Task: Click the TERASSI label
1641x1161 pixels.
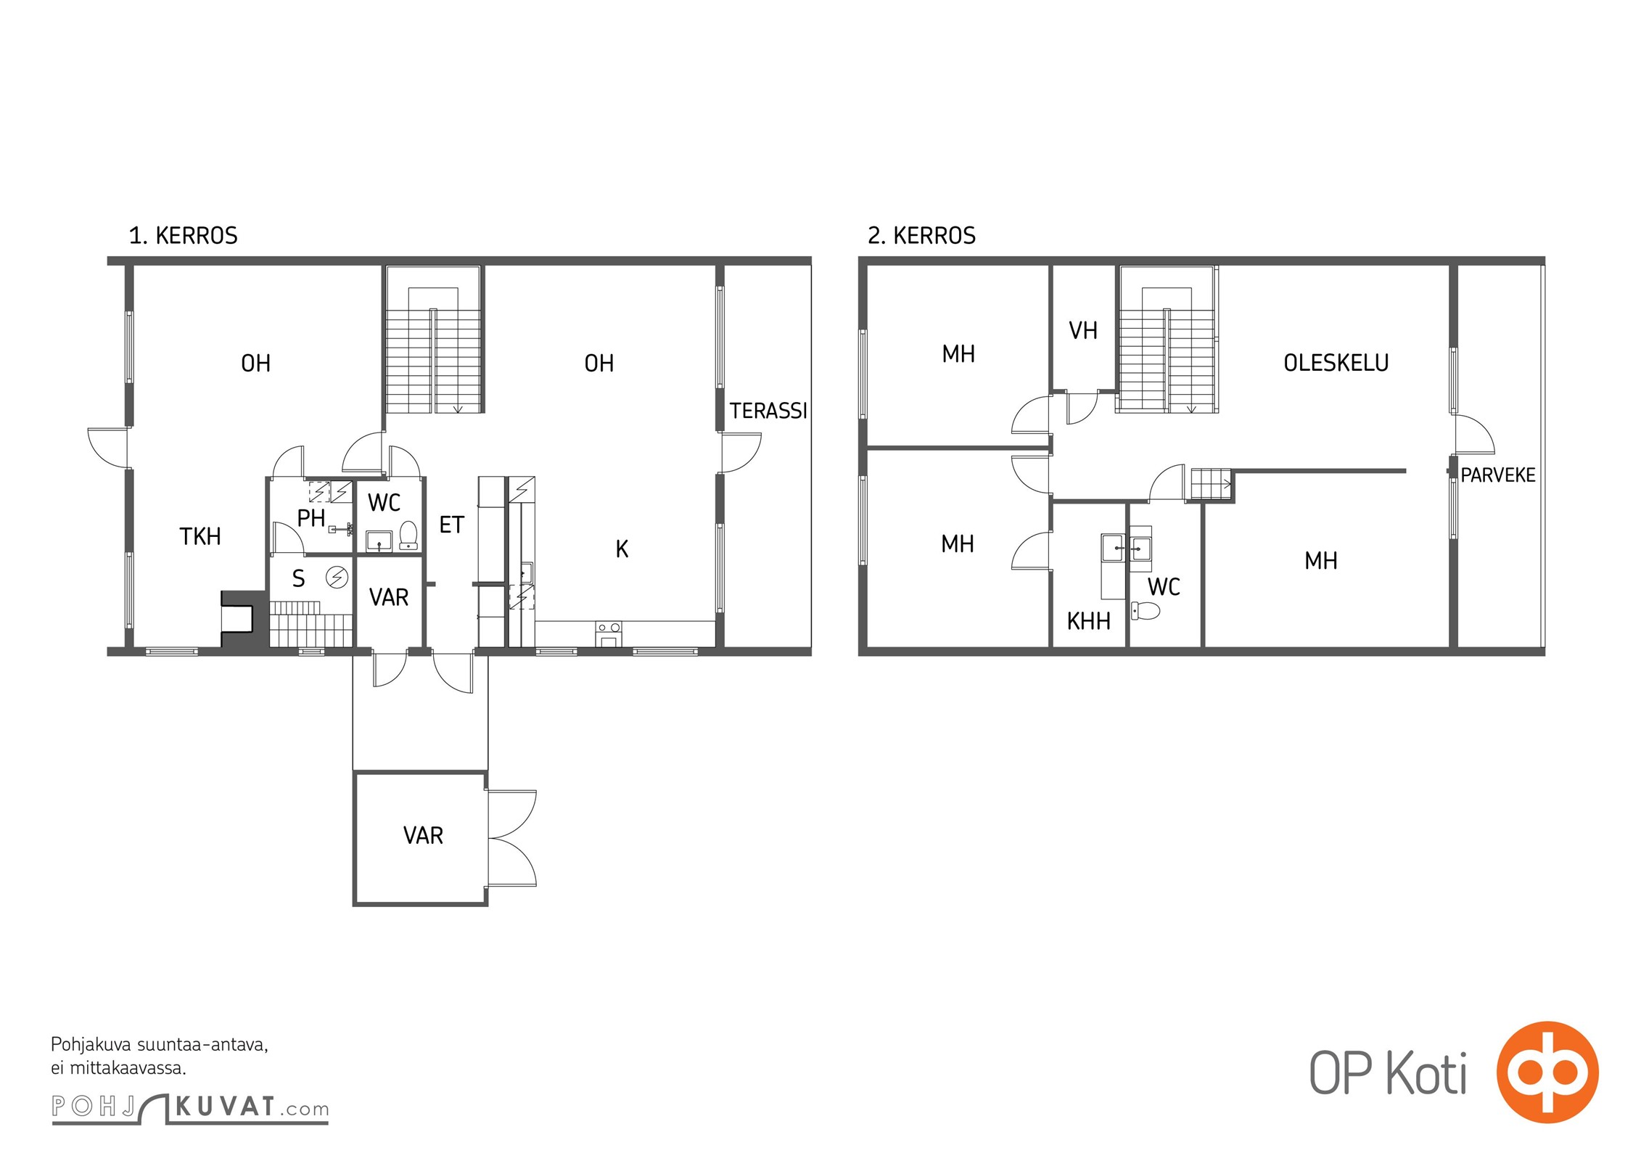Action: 768,411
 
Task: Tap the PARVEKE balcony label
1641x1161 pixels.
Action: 1498,475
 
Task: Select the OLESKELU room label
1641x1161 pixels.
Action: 1336,363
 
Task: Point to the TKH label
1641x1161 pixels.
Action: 200,536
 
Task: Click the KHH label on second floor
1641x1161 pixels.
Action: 1088,621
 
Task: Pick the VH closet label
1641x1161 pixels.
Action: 1083,331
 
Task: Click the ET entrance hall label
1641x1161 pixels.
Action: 451,525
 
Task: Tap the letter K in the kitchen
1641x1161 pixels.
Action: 622,549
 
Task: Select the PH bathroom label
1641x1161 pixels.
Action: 311,518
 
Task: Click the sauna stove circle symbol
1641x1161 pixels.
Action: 337,577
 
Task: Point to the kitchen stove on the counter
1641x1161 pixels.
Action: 609,633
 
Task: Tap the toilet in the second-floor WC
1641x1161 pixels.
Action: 1146,611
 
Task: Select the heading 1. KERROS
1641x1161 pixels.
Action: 183,236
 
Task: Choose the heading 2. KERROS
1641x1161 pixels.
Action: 921,236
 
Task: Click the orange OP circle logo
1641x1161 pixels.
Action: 1547,1072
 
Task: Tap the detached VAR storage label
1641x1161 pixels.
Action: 423,835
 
